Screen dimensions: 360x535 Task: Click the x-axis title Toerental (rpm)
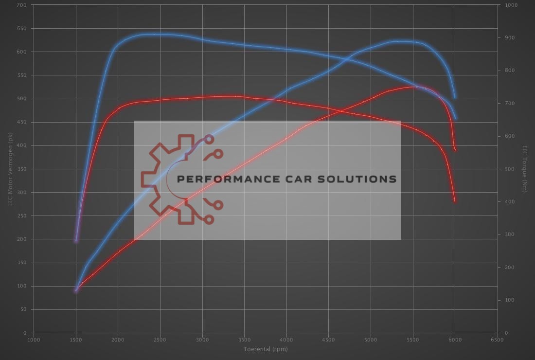point(266,349)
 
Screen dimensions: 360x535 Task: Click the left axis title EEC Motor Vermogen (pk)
point(10,169)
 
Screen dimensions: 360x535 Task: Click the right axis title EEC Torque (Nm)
point(524,169)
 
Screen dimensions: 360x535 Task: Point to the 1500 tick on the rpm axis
point(76,341)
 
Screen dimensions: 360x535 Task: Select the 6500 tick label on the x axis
point(498,341)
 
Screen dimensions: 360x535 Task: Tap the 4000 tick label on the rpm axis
point(286,341)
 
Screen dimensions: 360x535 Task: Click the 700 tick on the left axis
point(22,5)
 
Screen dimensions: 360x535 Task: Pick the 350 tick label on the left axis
point(22,169)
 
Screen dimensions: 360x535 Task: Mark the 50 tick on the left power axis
point(23,310)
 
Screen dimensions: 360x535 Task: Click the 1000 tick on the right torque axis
point(511,5)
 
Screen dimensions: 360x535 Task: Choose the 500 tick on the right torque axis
point(510,169)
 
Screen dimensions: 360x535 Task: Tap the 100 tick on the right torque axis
point(510,301)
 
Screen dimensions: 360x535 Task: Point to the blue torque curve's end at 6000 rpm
point(455,118)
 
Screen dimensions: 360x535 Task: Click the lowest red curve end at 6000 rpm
point(455,201)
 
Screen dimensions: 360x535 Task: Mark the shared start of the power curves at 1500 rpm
point(76,291)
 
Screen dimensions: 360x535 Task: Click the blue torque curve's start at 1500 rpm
point(76,241)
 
